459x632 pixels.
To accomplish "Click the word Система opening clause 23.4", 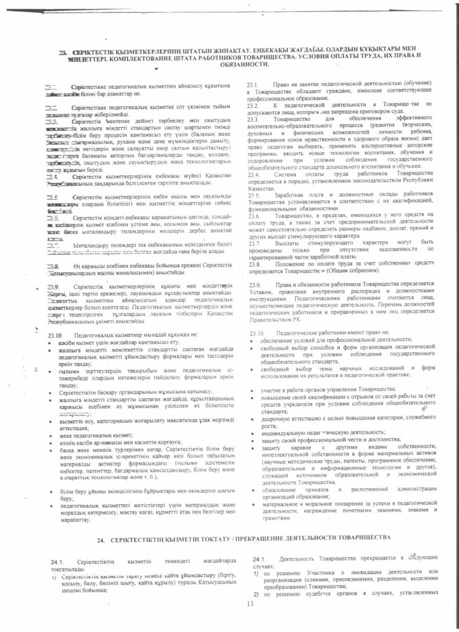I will click(x=289, y=173).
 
